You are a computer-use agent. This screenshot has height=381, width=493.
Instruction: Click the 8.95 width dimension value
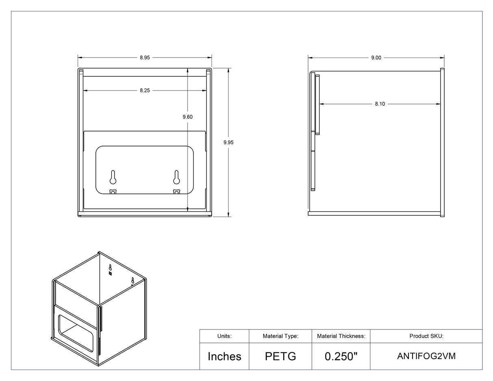coord(145,58)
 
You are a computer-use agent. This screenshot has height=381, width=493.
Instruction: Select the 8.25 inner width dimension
coord(145,90)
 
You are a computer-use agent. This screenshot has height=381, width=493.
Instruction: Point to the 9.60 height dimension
coord(187,117)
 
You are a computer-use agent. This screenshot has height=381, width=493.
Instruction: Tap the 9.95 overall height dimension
coord(229,142)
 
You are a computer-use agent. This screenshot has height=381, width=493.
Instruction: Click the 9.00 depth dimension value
coord(376,58)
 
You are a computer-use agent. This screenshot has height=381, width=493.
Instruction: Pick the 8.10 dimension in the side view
coord(380,104)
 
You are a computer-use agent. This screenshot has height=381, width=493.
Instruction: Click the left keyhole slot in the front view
coord(113,177)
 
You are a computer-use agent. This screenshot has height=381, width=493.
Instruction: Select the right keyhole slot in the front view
coord(176,177)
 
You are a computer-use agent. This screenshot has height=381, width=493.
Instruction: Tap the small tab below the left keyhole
coord(113,192)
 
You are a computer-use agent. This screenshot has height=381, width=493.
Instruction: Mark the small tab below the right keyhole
coord(176,192)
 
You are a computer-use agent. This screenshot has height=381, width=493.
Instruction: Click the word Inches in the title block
coord(224,356)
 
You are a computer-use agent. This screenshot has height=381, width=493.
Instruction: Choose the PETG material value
coord(280,356)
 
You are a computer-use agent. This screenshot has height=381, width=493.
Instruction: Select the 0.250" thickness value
coord(341,356)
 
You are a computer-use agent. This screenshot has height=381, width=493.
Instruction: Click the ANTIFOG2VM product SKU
coord(426,356)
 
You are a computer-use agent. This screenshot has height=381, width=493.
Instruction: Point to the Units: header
coord(224,336)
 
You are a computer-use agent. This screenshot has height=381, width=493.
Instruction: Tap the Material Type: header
coord(280,336)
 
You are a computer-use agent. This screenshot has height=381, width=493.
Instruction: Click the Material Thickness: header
coord(341,336)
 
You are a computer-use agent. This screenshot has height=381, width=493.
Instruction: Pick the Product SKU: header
coord(426,336)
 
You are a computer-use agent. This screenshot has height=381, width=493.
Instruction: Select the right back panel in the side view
coord(442,142)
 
